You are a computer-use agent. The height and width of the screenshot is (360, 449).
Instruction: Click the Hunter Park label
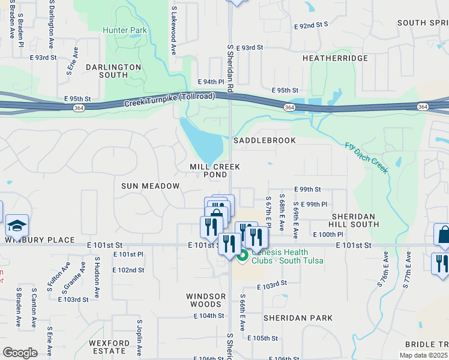tap(124, 30)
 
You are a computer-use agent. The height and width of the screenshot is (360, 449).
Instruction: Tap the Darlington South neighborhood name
tap(113, 71)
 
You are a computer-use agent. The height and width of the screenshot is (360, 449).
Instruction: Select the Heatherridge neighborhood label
tap(335, 58)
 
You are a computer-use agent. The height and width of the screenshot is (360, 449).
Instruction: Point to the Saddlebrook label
tap(265, 140)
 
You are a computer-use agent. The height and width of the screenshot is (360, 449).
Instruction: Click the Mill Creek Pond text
tap(214, 170)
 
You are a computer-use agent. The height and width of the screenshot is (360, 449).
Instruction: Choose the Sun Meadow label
tap(150, 186)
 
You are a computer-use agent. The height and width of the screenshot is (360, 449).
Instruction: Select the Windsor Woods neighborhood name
tap(206, 301)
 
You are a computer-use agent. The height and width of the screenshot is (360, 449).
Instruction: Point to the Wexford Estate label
tap(109, 347)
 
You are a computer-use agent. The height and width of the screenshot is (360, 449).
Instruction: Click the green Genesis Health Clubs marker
tap(243, 256)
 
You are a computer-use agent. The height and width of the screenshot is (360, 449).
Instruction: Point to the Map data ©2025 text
tap(423, 355)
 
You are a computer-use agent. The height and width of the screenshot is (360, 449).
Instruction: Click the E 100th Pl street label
tap(327, 234)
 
